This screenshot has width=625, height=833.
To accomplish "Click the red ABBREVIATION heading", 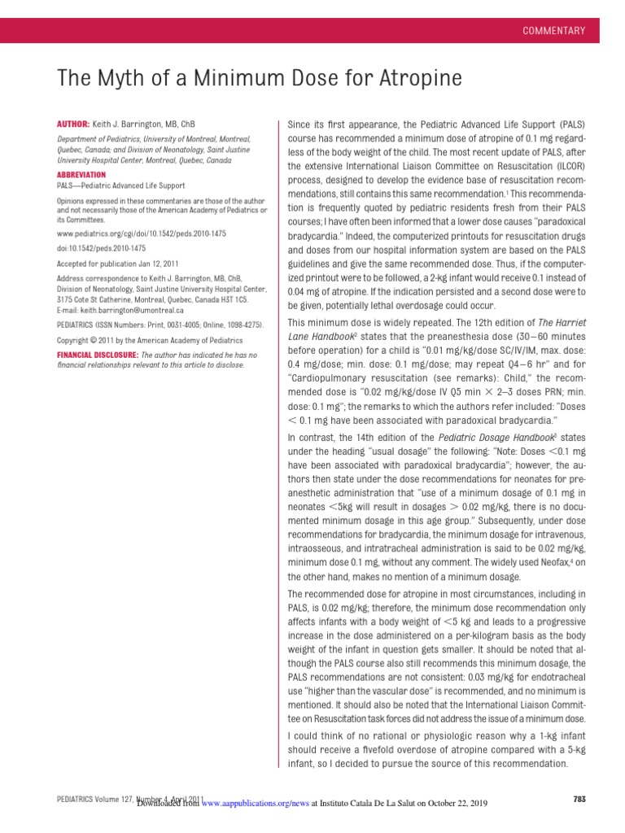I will [x=81, y=175].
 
